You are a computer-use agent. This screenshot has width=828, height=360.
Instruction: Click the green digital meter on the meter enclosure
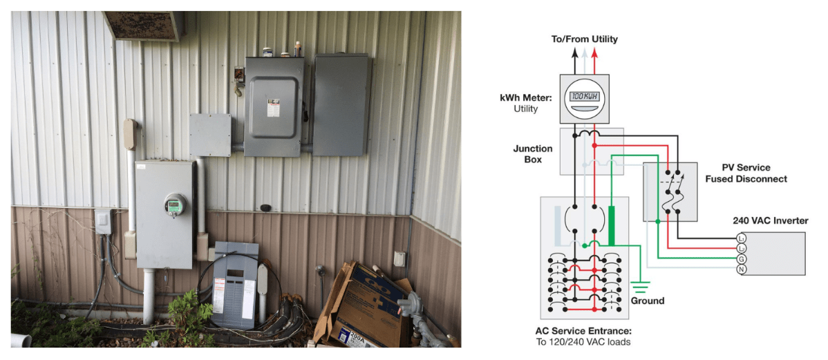click(x=175, y=205)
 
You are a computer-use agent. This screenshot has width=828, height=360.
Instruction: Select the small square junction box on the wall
click(x=210, y=135)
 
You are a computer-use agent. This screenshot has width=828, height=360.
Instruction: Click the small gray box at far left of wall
click(x=103, y=221)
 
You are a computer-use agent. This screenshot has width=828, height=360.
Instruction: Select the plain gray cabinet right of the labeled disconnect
click(x=342, y=104)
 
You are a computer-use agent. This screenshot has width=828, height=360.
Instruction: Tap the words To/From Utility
click(x=584, y=39)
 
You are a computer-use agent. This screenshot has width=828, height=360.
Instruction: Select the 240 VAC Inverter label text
click(x=770, y=221)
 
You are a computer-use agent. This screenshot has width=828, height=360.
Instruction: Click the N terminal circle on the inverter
click(x=742, y=268)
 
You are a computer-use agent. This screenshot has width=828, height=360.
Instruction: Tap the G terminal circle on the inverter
click(x=742, y=258)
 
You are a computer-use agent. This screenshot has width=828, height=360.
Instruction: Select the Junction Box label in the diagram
click(x=532, y=153)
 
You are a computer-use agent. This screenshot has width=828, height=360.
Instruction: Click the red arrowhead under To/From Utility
click(x=596, y=52)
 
